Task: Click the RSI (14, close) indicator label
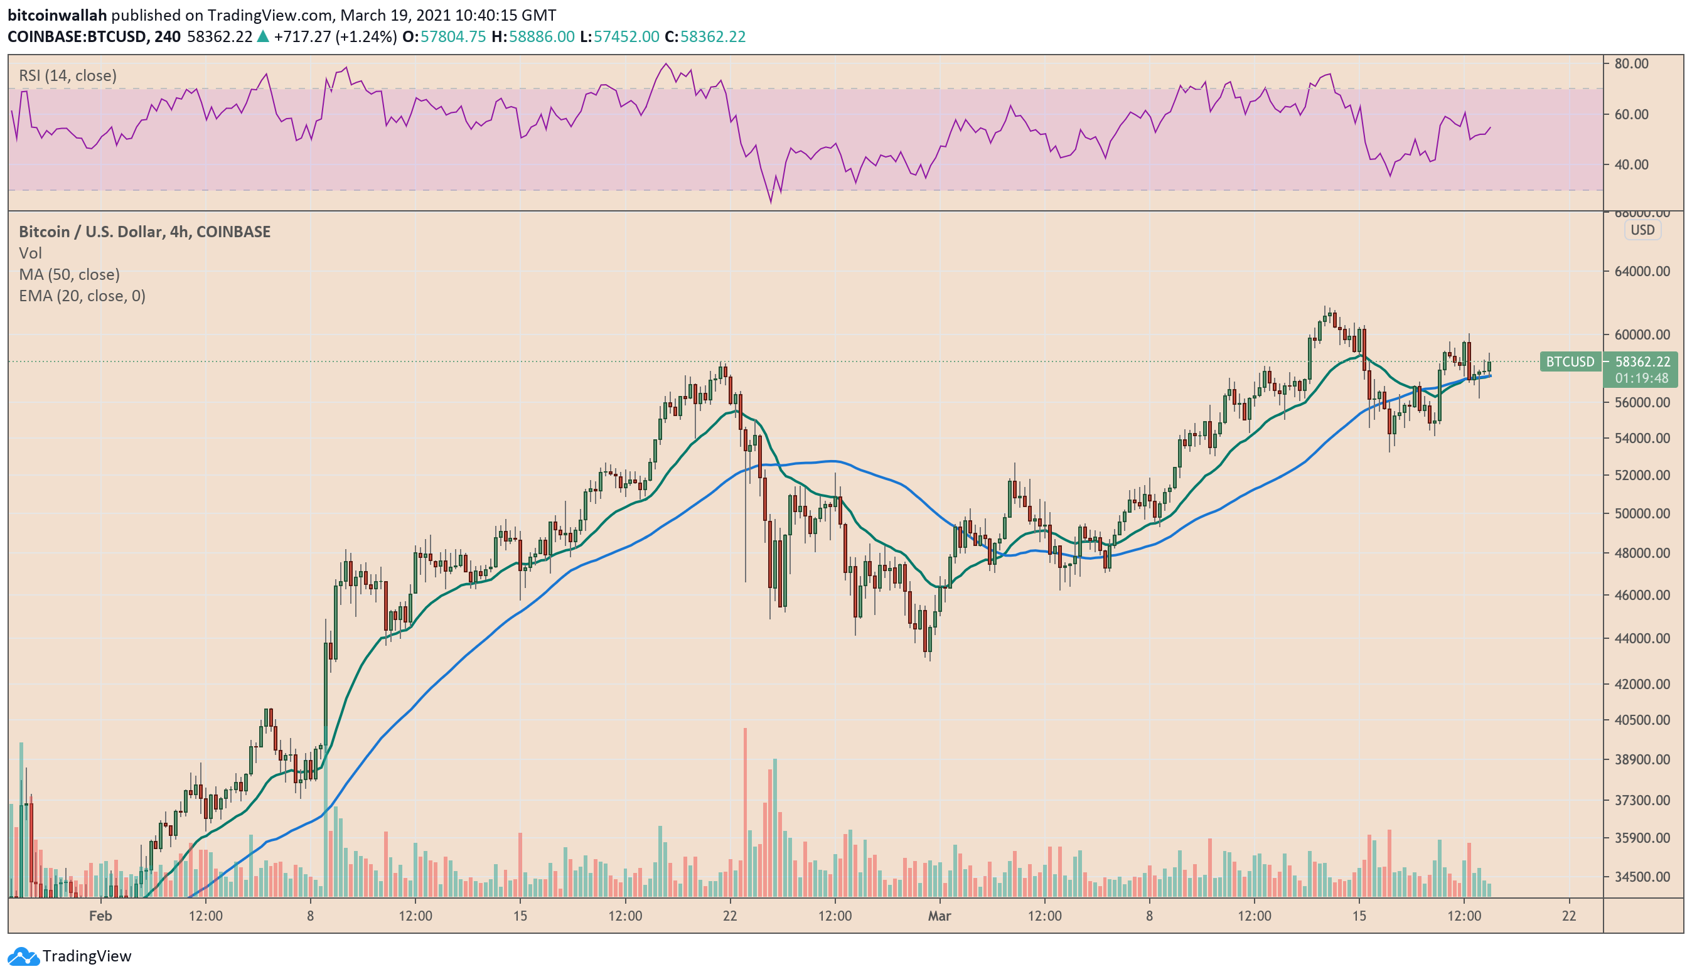[x=67, y=75]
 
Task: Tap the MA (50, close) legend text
[x=69, y=274]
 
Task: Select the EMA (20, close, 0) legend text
[x=82, y=296]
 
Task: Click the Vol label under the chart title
[x=30, y=253]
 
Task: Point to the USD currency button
[x=1642, y=230]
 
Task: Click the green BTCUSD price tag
[x=1570, y=362]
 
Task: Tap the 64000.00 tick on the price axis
[x=1642, y=271]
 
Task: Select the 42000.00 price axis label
[x=1642, y=683]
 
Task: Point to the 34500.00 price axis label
[x=1642, y=876]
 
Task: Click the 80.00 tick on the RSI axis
[x=1631, y=64]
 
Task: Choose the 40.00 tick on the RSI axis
[x=1631, y=164]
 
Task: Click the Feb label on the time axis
[x=100, y=916]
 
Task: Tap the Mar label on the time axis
[x=940, y=916]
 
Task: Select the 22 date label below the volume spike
[x=730, y=916]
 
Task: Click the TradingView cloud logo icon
[x=23, y=956]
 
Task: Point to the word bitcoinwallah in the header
[x=57, y=15]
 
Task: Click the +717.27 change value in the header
[x=302, y=36]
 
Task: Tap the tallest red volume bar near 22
[x=744, y=813]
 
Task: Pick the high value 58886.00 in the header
[x=541, y=36]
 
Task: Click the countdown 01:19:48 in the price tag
[x=1641, y=378]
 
